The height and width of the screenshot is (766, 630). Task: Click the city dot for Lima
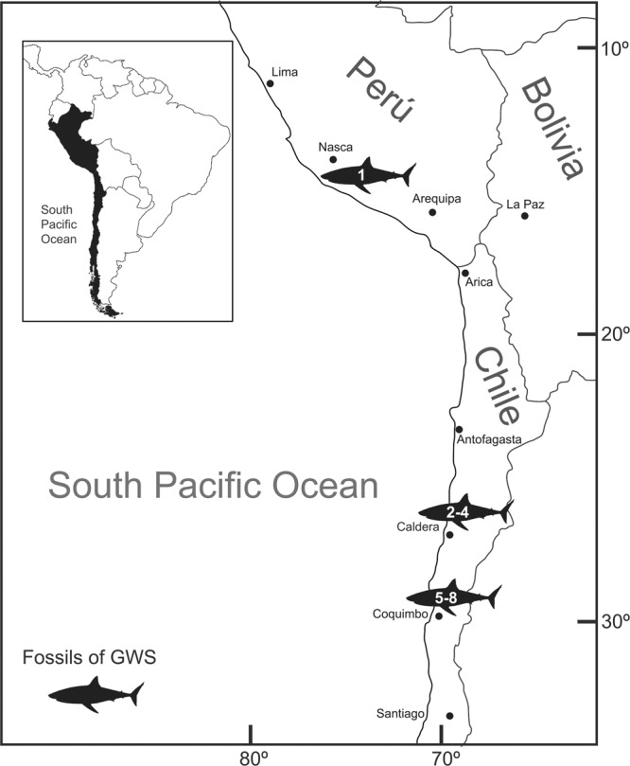(270, 83)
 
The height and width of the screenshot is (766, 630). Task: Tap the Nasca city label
(335, 147)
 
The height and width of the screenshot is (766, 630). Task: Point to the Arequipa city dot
(432, 212)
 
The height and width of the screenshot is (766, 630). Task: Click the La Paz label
(525, 203)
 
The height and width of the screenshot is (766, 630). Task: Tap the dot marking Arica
(464, 273)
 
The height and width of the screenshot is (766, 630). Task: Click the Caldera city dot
(449, 535)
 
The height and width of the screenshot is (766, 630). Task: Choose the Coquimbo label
(402, 613)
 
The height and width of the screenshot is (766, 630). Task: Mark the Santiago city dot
(449, 716)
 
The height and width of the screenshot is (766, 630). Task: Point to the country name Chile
(496, 386)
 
